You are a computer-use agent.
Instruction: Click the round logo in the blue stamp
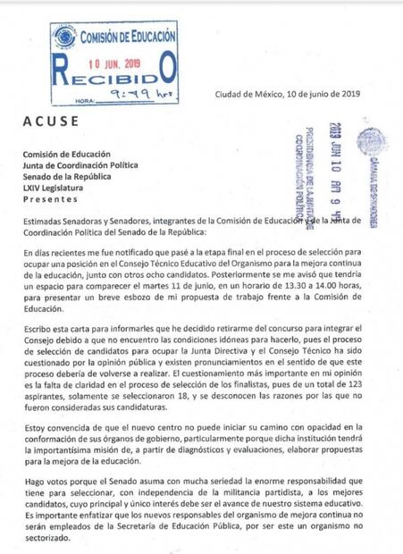[64, 38]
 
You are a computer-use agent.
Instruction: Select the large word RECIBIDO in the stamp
[115, 76]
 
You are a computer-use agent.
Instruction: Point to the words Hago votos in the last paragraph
[46, 481]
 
